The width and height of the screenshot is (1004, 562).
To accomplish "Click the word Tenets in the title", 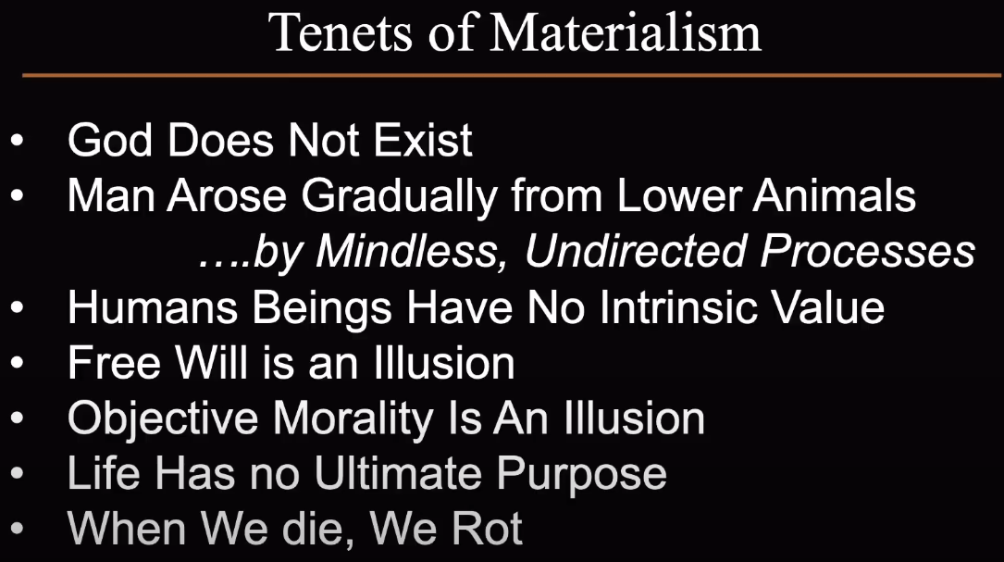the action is coord(340,32).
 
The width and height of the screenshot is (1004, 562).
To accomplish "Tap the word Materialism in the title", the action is coord(626,32).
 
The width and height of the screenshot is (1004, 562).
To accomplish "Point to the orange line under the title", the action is coord(512,76).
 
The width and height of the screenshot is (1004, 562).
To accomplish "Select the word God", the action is coord(110,140).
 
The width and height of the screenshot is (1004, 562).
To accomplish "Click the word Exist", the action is coord(423,140).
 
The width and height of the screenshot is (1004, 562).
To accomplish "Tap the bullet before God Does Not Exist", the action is coord(18,140).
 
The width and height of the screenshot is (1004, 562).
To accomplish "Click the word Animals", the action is coord(835,195).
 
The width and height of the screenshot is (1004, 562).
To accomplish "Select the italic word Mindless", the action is coord(406,251).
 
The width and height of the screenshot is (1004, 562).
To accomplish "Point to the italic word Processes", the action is coord(868,251).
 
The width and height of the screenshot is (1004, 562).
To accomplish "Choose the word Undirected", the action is coord(635,251).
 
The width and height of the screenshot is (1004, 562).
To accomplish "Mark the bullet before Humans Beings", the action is coord(18,307).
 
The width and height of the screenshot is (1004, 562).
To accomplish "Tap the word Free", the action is coord(114,363).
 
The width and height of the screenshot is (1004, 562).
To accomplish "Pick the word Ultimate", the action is coord(398,474).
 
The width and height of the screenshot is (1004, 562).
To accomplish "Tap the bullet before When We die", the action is coord(18,530).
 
